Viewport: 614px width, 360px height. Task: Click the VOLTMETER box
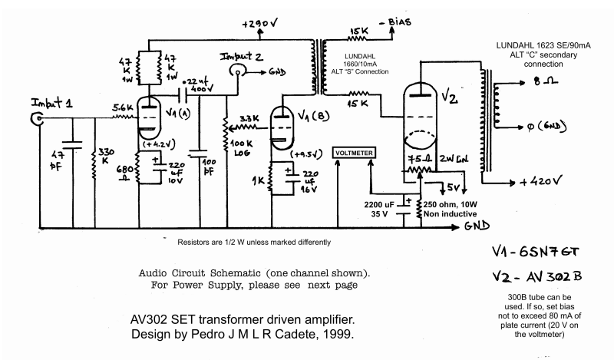pyautogui.click(x=354, y=153)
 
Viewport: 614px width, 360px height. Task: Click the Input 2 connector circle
pyautogui.click(x=239, y=70)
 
